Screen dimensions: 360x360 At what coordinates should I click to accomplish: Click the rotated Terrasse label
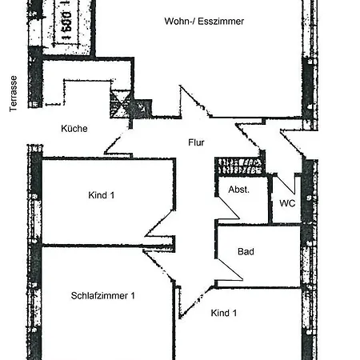[14, 95]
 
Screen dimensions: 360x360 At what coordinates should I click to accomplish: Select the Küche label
[74, 128]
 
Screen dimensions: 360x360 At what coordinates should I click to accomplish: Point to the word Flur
[196, 144]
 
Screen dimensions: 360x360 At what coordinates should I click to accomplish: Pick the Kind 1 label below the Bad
[224, 313]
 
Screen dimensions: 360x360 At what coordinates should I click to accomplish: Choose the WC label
[287, 203]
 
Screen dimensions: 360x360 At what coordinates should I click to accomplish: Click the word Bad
[246, 251]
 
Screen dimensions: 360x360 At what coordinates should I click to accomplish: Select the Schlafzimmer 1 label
[103, 295]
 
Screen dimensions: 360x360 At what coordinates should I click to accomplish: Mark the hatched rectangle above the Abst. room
[240, 166]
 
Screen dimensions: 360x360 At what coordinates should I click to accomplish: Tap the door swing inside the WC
[286, 184]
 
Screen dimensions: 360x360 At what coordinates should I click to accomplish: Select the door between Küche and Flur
[117, 145]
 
